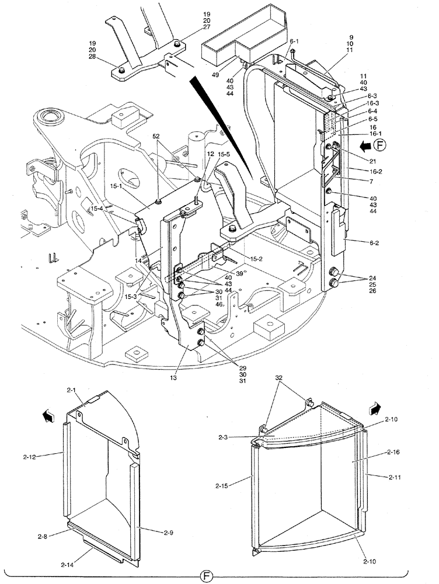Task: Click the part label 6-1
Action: tap(294, 41)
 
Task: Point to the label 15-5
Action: tap(225, 154)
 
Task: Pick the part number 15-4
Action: tap(96, 208)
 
